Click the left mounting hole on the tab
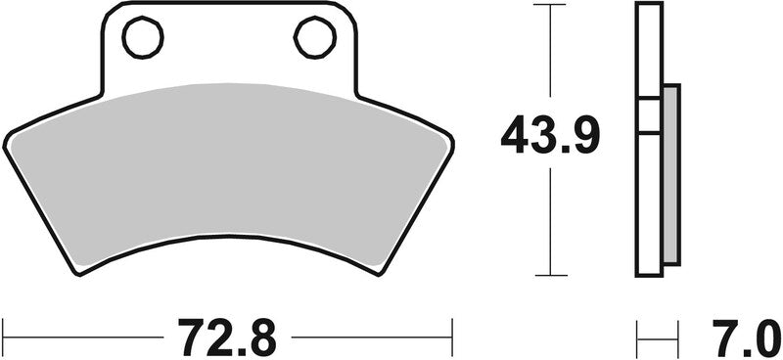[143, 37]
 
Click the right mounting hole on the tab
[315, 37]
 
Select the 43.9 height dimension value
[551, 136]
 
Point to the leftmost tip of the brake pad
[5, 143]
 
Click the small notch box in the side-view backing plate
[649, 115]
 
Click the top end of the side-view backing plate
[649, 7]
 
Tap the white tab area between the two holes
[229, 44]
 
